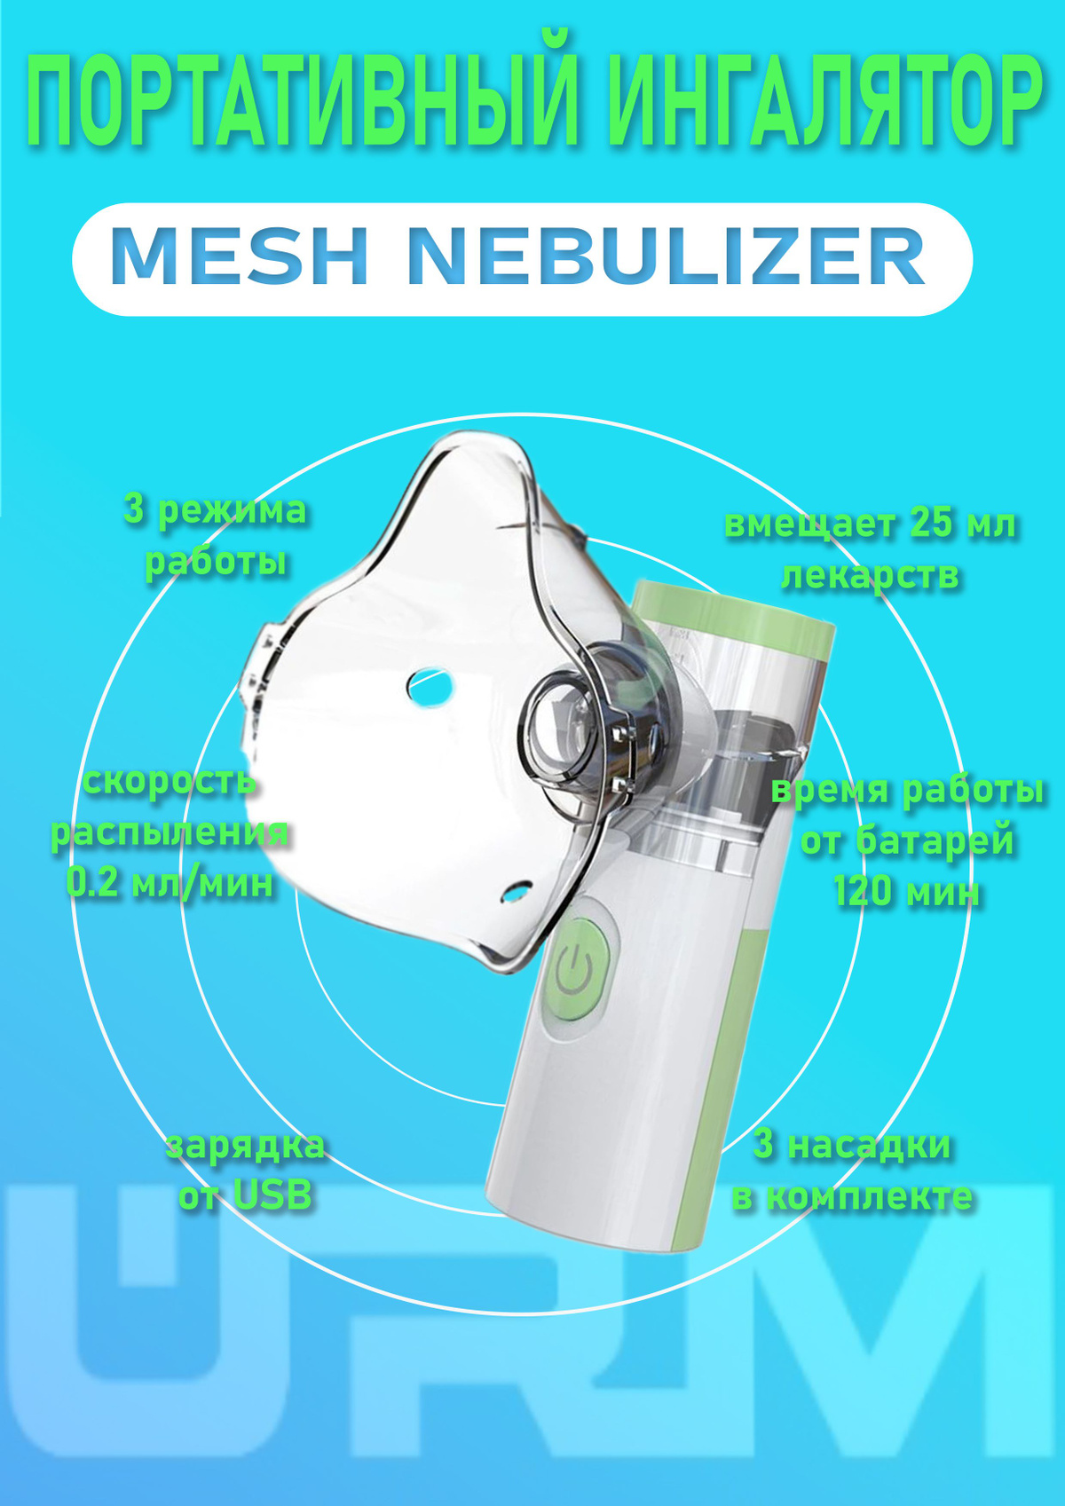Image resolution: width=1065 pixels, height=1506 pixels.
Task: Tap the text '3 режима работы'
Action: click(x=216, y=536)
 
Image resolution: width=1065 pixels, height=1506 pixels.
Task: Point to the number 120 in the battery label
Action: click(x=864, y=890)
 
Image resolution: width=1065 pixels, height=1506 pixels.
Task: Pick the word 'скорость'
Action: click(x=170, y=782)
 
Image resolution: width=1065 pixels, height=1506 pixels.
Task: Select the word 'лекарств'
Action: click(x=870, y=575)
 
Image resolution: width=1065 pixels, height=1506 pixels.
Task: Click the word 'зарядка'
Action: click(x=245, y=1145)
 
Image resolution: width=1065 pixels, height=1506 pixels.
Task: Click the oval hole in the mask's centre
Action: click(x=430, y=685)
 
